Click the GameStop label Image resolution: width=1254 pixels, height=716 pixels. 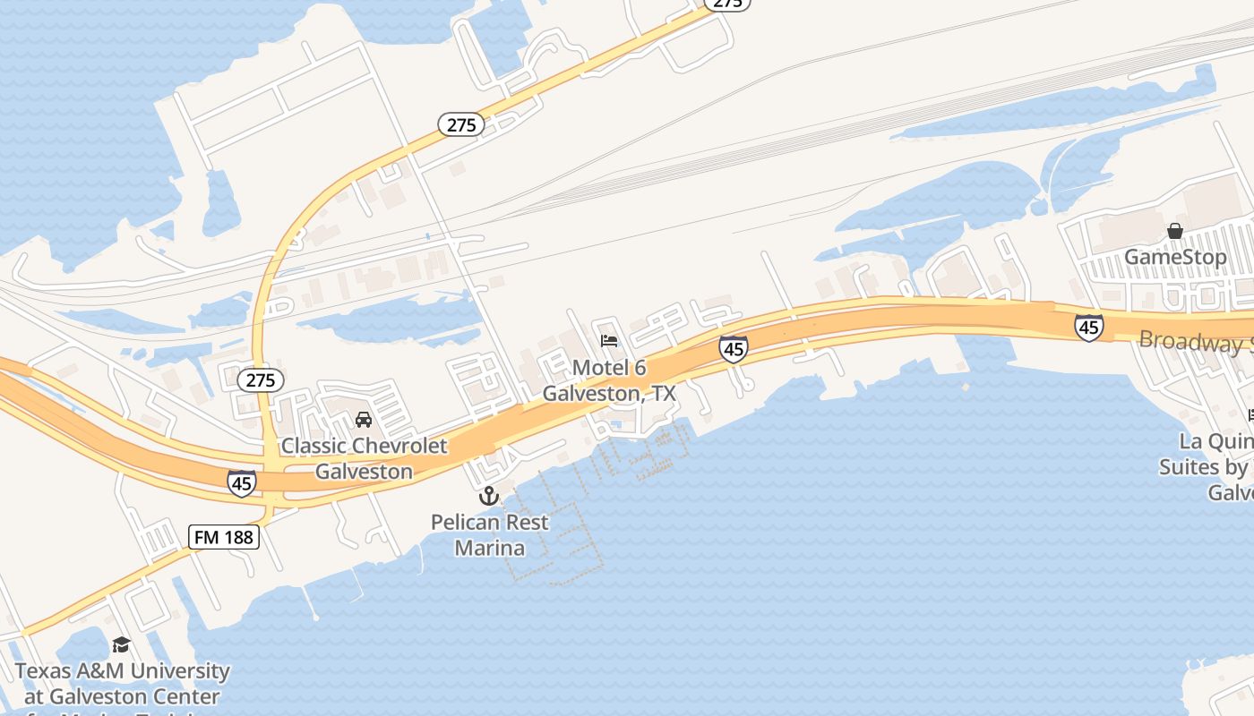point(1175,257)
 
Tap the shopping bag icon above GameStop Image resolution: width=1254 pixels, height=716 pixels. point(1175,231)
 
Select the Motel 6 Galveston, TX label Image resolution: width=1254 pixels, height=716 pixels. point(609,380)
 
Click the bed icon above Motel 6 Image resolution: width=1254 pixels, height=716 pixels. point(609,341)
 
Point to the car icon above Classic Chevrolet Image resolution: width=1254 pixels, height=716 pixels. point(364,419)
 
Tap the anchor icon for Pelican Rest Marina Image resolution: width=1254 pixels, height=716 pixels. point(489,495)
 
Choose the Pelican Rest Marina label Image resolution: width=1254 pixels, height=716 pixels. point(489,533)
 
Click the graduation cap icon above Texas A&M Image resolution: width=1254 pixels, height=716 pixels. point(121,644)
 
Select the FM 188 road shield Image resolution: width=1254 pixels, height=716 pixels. point(224,537)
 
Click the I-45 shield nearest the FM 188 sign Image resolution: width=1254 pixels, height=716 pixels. point(241,483)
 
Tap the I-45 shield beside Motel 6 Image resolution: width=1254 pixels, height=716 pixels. point(734,348)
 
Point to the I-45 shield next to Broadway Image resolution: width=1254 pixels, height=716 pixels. point(1088,328)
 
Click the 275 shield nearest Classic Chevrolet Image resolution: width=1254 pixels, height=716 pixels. point(261,380)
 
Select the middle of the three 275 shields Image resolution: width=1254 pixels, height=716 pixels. point(461,124)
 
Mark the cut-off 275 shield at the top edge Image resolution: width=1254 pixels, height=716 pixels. point(727,4)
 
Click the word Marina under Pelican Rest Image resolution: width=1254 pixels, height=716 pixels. point(489,547)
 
